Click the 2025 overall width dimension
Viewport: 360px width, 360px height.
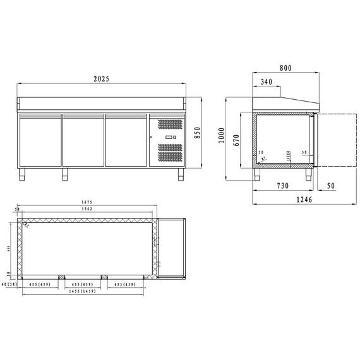pyautogui.click(x=102, y=79)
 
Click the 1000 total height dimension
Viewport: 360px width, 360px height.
pyautogui.click(x=220, y=136)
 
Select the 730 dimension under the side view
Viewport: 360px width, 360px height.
pyautogui.click(x=283, y=186)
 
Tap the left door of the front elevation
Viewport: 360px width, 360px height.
pyautogui.click(x=39, y=140)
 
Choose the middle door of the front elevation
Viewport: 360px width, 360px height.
pyautogui.click(x=83, y=140)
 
